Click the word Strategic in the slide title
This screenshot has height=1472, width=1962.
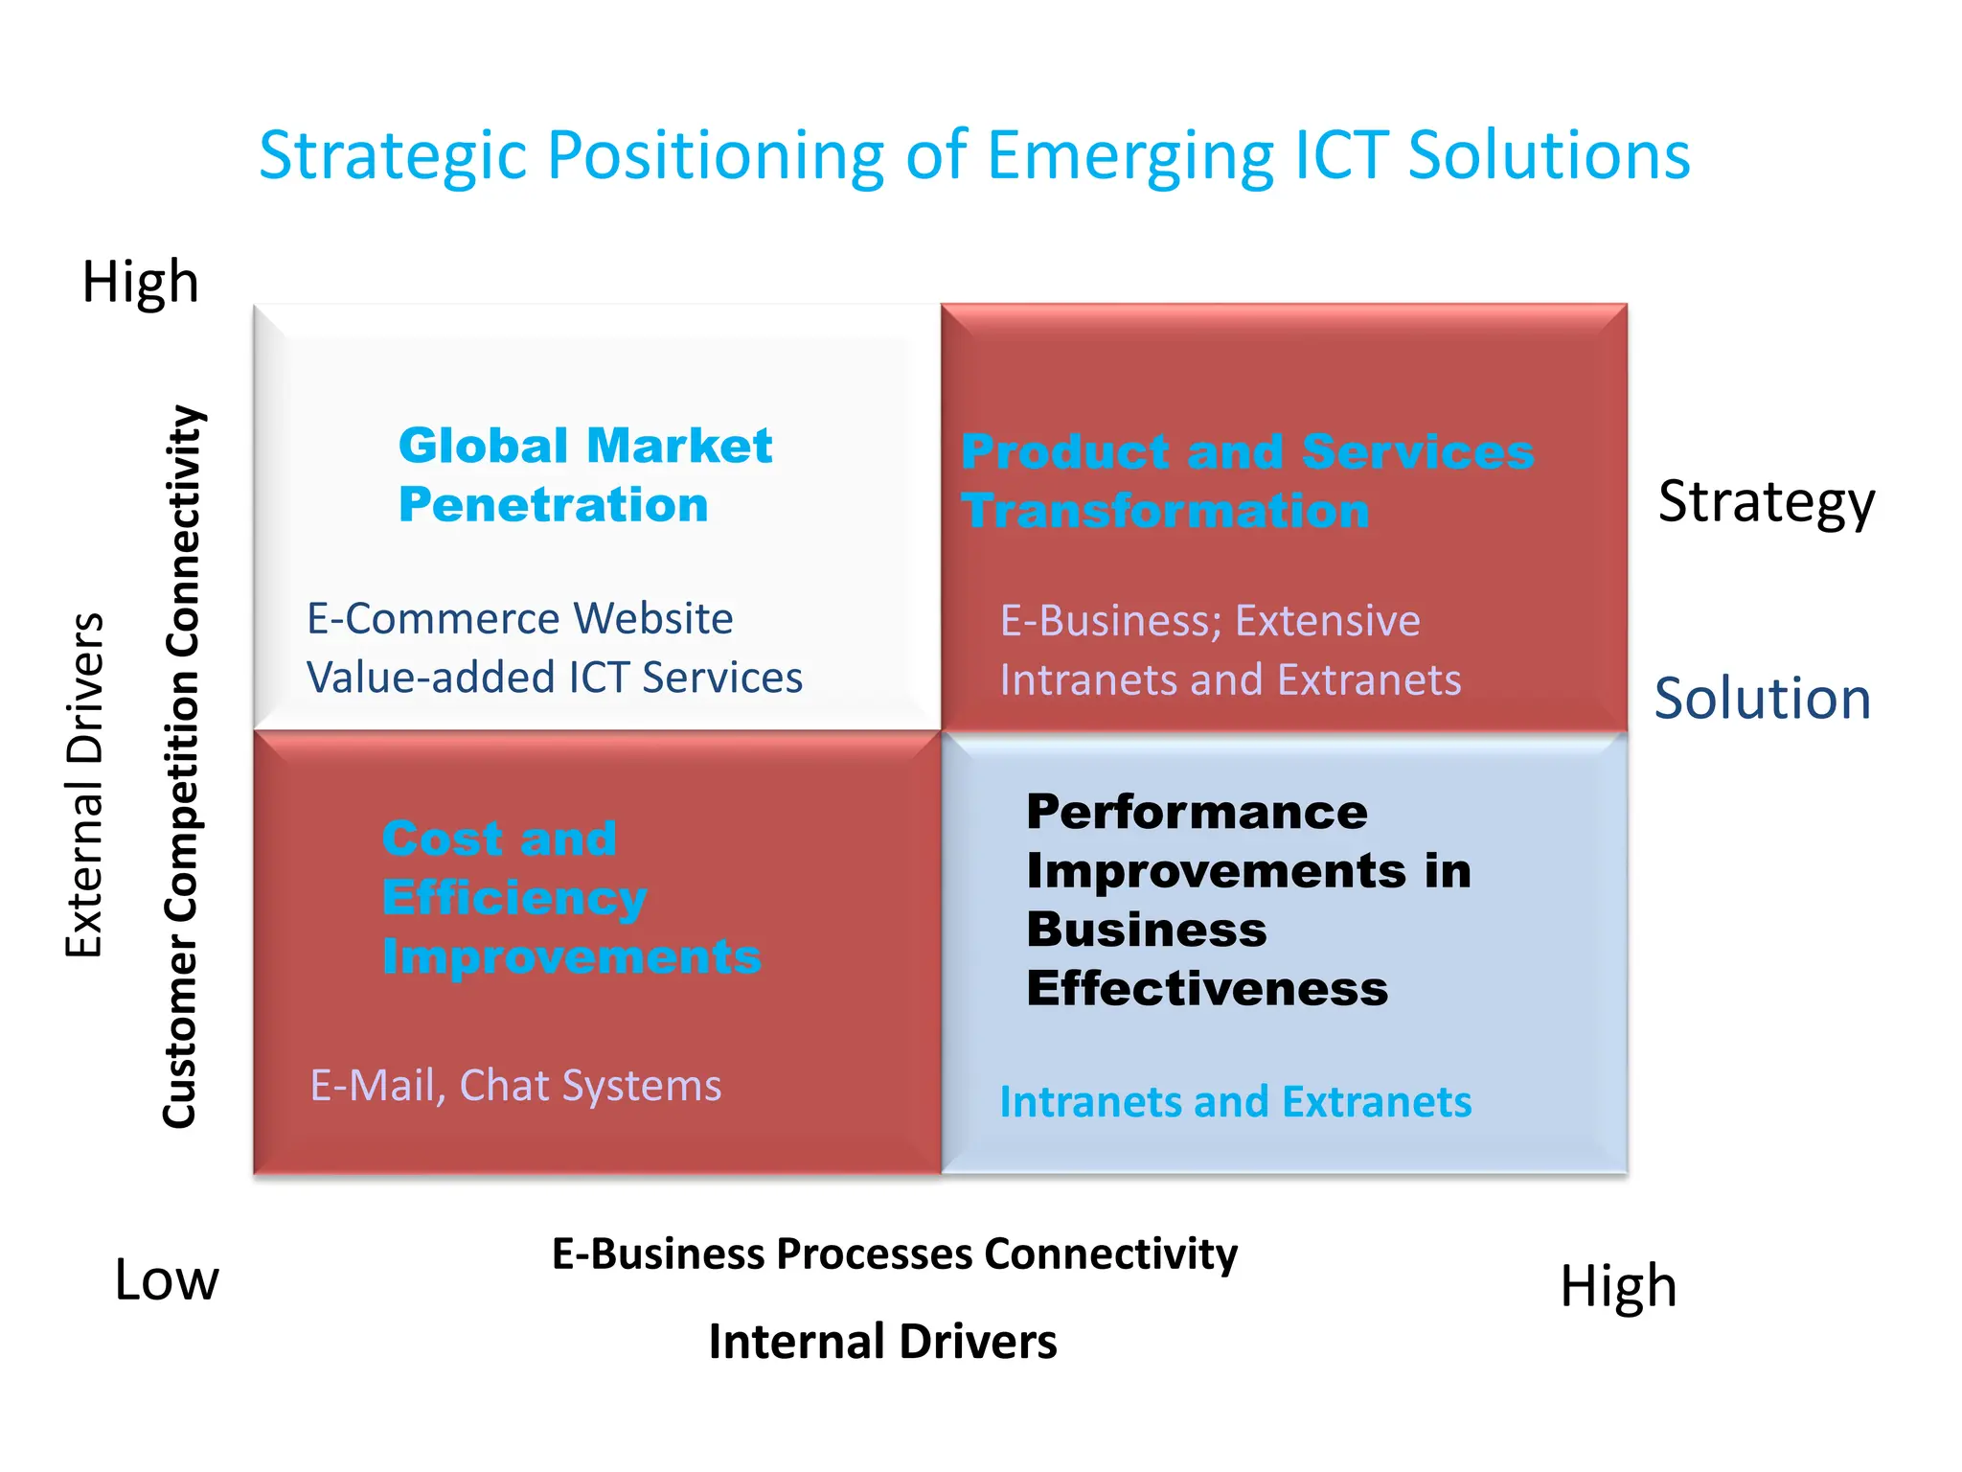click(393, 156)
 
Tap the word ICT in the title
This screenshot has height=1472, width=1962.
click(1340, 156)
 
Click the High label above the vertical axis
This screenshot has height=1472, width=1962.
click(141, 283)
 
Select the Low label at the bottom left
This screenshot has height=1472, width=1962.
click(167, 1280)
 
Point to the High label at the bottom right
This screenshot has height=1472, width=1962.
click(1618, 1286)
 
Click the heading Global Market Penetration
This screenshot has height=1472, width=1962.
click(584, 475)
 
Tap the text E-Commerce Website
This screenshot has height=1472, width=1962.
click(519, 619)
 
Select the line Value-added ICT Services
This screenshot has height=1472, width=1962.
click(554, 678)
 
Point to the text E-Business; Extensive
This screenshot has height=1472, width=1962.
click(1209, 621)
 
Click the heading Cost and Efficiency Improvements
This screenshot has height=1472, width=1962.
click(570, 898)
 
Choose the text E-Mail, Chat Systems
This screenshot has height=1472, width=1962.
click(515, 1086)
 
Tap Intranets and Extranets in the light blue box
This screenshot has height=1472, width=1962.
click(1235, 1102)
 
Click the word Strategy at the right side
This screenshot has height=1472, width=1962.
click(1766, 501)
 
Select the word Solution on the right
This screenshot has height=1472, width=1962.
click(1762, 699)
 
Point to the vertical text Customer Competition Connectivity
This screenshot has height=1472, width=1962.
click(181, 767)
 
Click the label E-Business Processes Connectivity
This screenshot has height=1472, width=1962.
click(894, 1253)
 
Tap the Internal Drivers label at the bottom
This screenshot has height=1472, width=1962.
click(882, 1342)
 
